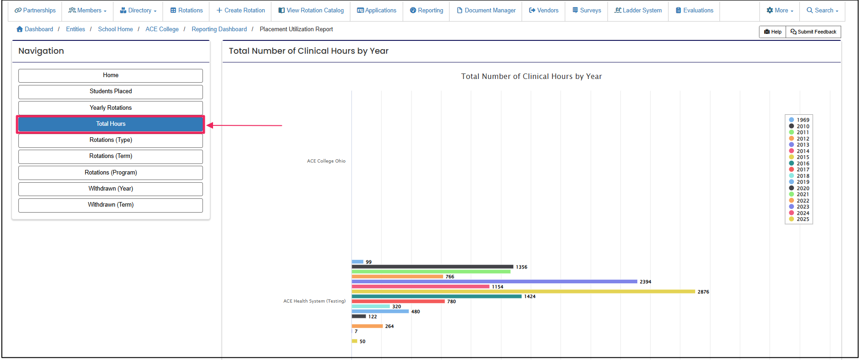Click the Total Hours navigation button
pos(111,124)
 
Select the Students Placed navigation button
pos(111,91)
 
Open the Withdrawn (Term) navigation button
pos(111,205)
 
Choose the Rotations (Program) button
pos(111,173)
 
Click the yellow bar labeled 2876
pos(523,292)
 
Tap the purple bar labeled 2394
pos(495,281)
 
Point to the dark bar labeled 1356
pos(433,267)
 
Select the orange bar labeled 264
pos(367,326)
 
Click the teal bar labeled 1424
pos(437,297)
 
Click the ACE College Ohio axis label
pos(326,161)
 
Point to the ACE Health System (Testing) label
pos(314,301)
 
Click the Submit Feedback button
pos(813,32)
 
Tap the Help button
pos(773,32)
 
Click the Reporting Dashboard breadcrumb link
pos(219,29)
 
